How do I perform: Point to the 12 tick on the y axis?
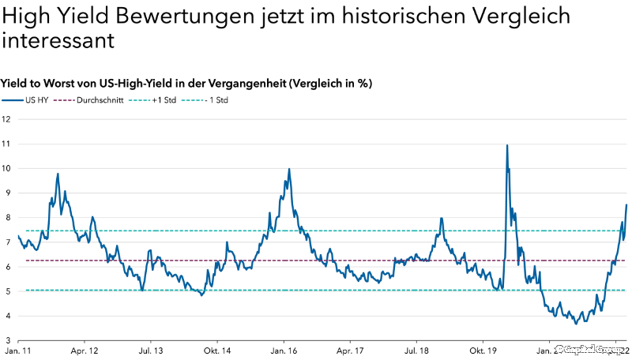click(6, 119)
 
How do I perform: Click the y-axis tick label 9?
click(6, 193)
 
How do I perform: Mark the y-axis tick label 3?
click(6, 340)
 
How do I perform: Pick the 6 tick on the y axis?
click(6, 267)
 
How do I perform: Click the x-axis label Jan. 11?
click(18, 350)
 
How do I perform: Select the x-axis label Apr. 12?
click(84, 350)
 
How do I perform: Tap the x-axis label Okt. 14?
click(216, 350)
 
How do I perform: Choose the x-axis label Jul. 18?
click(416, 350)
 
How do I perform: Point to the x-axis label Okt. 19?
click(483, 350)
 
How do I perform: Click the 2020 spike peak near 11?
click(506, 145)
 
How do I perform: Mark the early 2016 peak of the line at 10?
click(289, 169)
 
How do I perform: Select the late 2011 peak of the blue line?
click(58, 174)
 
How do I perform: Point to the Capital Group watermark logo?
click(589, 348)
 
